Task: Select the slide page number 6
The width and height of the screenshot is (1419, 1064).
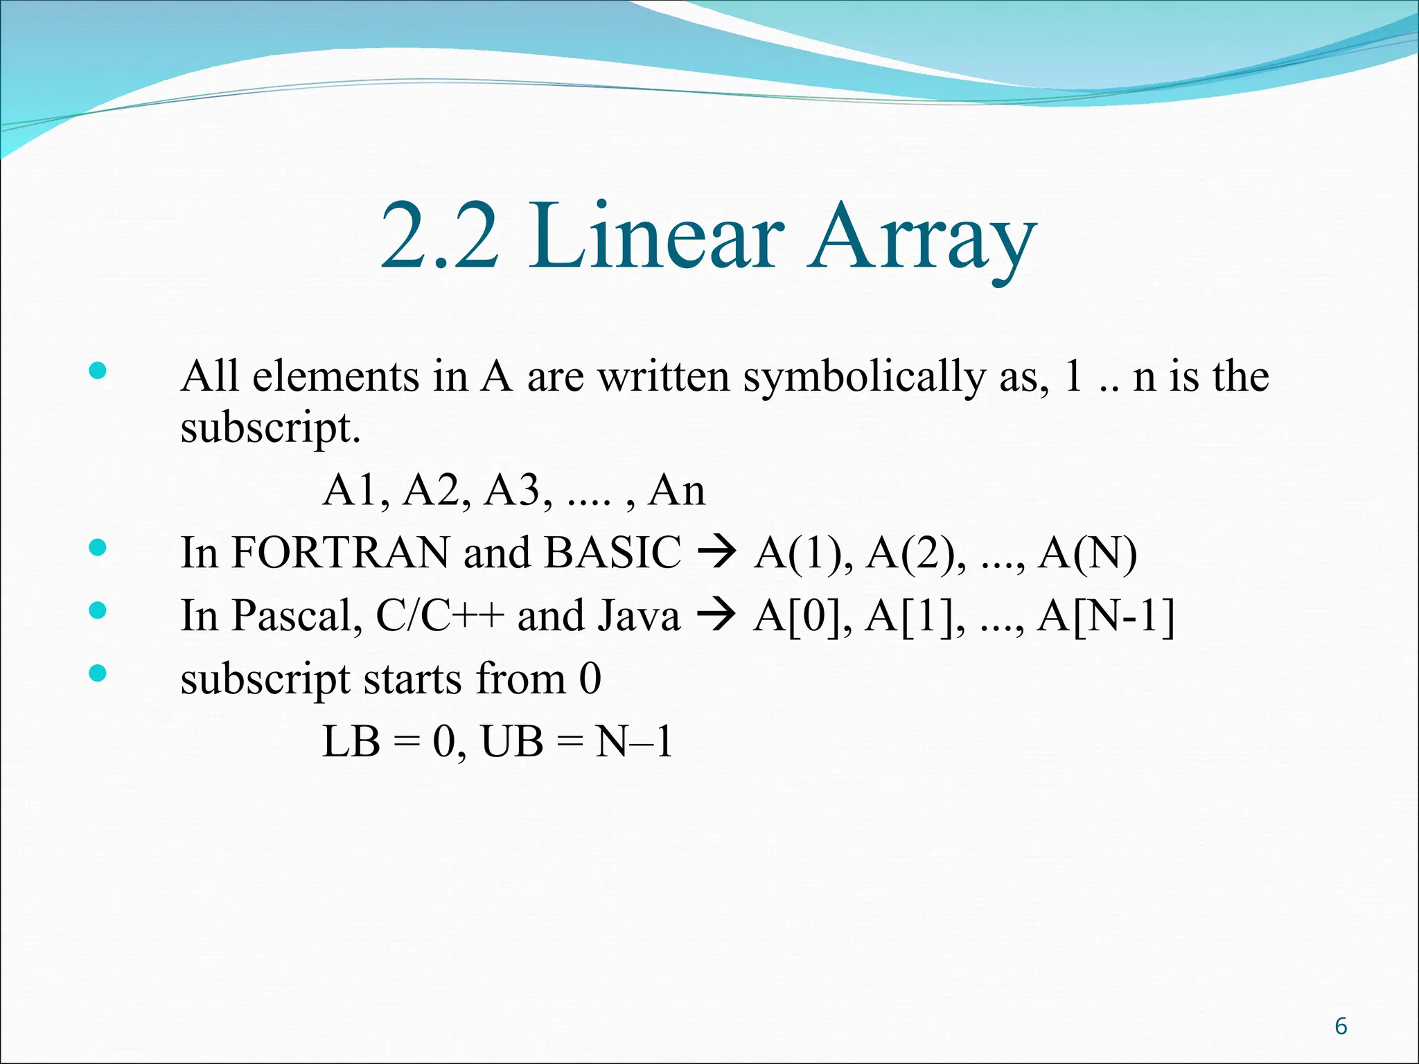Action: tap(1341, 1026)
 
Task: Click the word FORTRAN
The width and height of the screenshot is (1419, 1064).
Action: tap(340, 553)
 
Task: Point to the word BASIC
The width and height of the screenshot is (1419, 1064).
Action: tap(613, 553)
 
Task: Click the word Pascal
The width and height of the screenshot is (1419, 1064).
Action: tap(297, 616)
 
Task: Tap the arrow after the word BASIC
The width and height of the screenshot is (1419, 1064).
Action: tap(716, 553)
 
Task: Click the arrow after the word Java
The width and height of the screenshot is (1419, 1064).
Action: tap(716, 616)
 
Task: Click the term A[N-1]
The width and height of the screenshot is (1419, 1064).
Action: tap(1106, 616)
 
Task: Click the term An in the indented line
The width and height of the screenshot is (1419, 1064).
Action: tap(676, 490)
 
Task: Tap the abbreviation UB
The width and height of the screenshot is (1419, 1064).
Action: tap(512, 742)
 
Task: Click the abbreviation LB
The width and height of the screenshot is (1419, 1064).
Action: tap(351, 742)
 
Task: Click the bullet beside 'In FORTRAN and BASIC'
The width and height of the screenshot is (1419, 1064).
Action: tap(98, 549)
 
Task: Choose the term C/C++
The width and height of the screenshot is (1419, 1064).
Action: tap(439, 616)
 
